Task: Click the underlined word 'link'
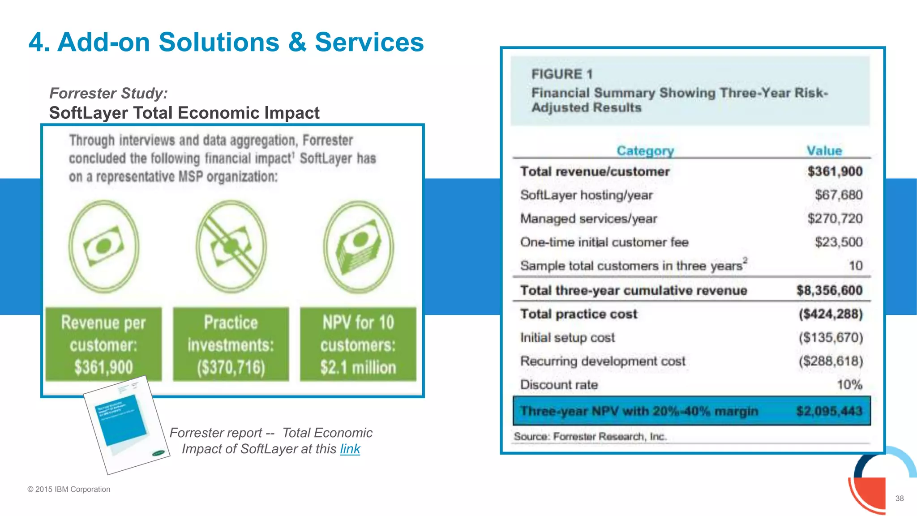pos(350,449)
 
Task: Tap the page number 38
pos(899,498)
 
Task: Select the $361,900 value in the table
pos(835,172)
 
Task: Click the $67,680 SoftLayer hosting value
pos(838,195)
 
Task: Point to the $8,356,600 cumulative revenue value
pos(829,290)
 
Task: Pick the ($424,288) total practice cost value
pos(831,314)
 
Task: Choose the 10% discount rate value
pos(849,385)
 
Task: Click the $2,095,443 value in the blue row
pos(829,411)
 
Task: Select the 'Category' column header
pos(645,151)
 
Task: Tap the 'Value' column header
pos(824,151)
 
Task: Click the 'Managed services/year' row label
pos(588,219)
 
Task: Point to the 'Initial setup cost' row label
pos(567,338)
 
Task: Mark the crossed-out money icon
pos(231,247)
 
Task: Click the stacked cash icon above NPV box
pos(359,247)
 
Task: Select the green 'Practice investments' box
pos(231,344)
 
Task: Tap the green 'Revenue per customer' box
pos(103,344)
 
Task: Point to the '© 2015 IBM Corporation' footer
pos(69,489)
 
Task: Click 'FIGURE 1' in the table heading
pos(562,74)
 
